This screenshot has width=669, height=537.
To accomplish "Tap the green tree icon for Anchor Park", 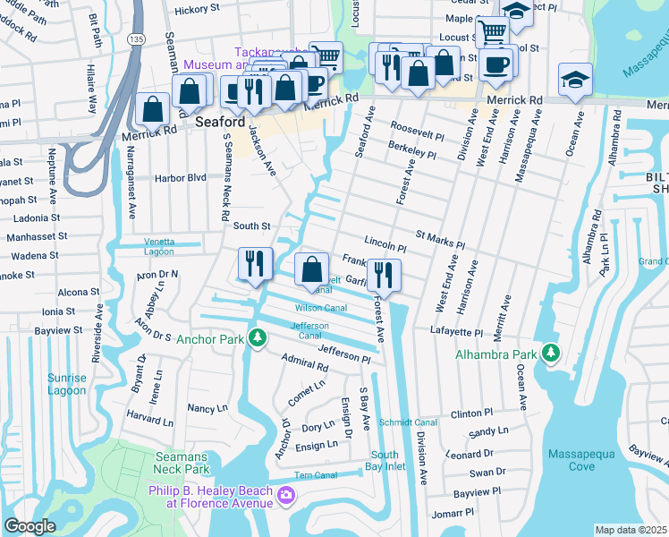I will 258,338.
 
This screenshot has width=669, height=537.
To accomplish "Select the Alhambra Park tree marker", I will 552,354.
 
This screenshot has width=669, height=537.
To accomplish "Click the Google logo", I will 30,526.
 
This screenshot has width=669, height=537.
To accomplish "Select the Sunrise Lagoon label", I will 68,385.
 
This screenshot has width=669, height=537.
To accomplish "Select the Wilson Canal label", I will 320,308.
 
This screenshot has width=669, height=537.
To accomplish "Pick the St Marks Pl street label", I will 440,243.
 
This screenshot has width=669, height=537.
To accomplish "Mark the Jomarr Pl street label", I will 451,513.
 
